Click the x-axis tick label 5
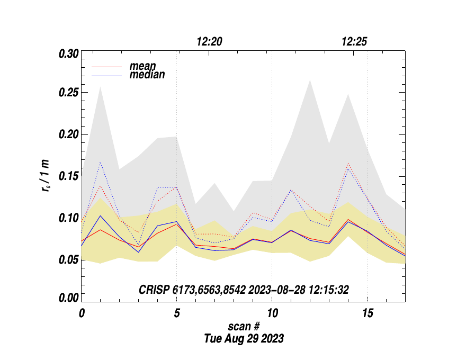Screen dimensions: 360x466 (177, 313)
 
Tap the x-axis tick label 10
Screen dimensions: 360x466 (272, 313)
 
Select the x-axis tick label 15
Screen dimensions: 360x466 (367, 313)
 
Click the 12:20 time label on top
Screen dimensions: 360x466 (209, 42)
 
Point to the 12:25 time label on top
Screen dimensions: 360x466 (354, 42)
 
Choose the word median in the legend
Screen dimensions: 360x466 (147, 75)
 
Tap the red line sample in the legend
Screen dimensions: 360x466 (107, 67)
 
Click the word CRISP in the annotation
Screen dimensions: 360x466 (154, 290)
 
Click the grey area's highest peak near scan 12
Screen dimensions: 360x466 (310, 81)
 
